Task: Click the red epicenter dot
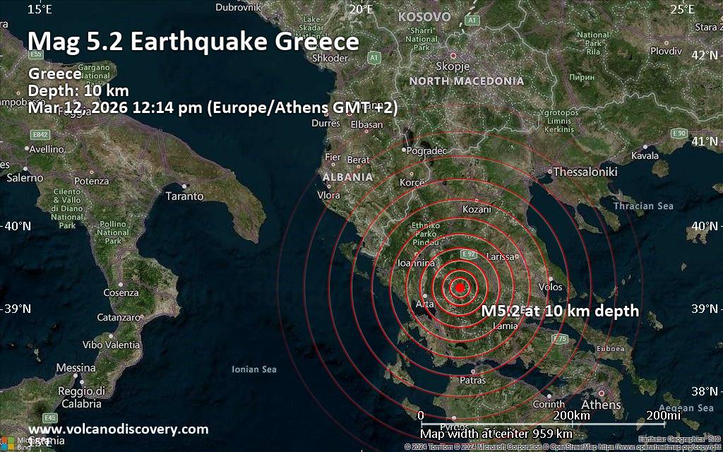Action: (460, 287)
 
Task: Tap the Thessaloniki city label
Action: (585, 172)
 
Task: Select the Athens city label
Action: (601, 405)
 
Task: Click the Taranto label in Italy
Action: (184, 196)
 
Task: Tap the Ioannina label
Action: (415, 263)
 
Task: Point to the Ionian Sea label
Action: (254, 369)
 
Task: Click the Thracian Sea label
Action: (643, 206)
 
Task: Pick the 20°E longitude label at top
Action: (361, 9)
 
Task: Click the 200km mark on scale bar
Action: (571, 415)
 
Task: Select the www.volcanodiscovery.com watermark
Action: (118, 429)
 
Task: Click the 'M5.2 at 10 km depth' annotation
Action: (560, 311)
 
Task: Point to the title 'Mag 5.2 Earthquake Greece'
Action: (193, 42)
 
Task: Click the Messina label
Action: (76, 368)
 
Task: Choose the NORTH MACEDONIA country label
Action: (467, 81)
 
